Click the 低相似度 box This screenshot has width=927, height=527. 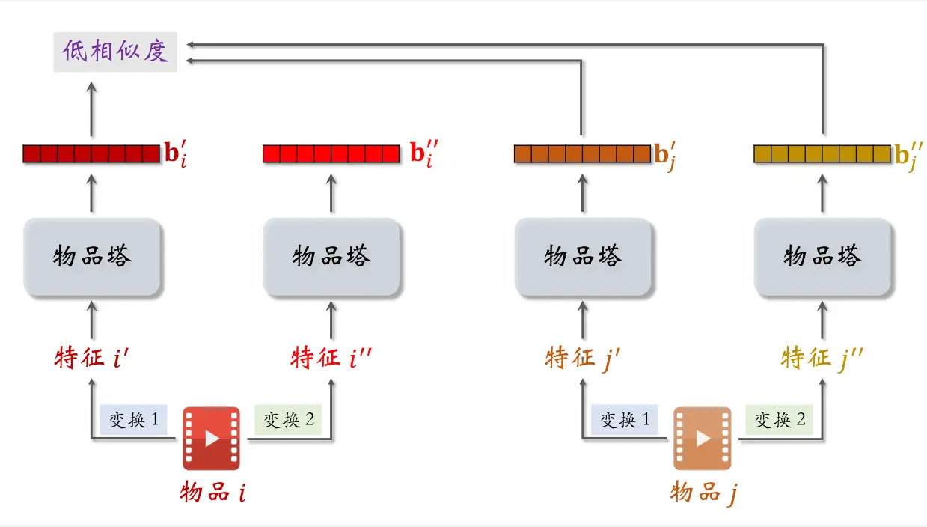(x=115, y=52)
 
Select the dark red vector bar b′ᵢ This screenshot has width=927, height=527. (x=91, y=154)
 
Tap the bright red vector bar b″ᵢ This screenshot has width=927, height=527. (x=331, y=154)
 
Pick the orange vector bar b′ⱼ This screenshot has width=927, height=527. (x=582, y=154)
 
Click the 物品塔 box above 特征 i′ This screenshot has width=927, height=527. (x=92, y=258)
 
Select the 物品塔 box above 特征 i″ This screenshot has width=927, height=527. (x=331, y=258)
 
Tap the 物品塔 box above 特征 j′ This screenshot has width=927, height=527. (x=583, y=258)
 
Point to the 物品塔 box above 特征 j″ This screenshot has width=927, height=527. (x=823, y=258)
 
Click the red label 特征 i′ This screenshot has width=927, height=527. (x=91, y=358)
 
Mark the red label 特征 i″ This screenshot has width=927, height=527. (x=331, y=358)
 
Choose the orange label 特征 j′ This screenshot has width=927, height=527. (x=583, y=358)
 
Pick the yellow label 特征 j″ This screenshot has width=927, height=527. (x=822, y=358)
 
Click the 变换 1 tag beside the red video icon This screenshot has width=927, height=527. (x=133, y=420)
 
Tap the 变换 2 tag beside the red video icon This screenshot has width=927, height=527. (x=288, y=420)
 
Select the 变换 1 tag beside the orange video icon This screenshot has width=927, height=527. (x=625, y=420)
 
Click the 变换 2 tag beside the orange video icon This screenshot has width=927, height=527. (x=780, y=420)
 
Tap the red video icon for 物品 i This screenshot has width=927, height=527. (x=212, y=439)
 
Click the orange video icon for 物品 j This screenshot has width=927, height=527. (x=702, y=439)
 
